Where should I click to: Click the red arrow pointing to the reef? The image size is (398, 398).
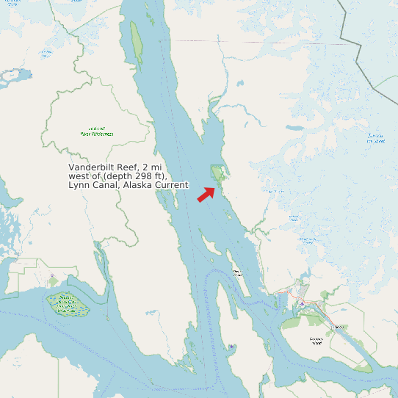[x=206, y=194]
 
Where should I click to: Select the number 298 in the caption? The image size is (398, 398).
[x=136, y=176]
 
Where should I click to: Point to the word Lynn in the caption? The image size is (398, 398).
[x=80, y=185]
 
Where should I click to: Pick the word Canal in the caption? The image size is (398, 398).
[x=106, y=185]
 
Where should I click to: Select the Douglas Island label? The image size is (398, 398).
[x=316, y=340]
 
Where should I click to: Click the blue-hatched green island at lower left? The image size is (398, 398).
[x=65, y=303]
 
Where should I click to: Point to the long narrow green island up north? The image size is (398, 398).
[x=137, y=44]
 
